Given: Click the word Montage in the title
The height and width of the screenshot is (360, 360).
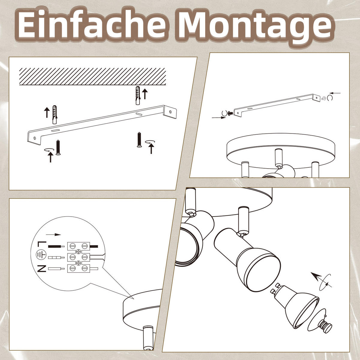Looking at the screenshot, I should click(x=255, y=25).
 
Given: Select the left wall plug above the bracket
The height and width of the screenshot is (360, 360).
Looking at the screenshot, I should click(x=55, y=115).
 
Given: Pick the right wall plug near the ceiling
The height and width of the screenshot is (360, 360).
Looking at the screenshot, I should click(x=137, y=95).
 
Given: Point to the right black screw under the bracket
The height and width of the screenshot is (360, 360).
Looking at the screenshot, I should click(x=139, y=140).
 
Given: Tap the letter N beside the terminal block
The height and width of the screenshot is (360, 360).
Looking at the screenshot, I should click(x=42, y=268).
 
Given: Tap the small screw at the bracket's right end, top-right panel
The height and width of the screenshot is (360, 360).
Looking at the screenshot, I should click(x=324, y=98).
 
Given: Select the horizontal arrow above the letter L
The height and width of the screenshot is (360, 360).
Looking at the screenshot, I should click(x=53, y=235).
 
